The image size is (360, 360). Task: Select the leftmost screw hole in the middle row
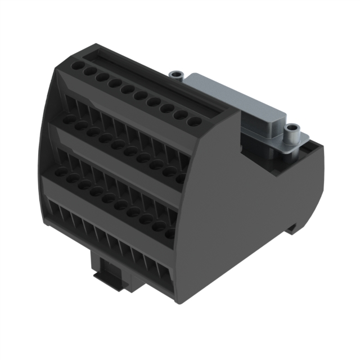(69, 119)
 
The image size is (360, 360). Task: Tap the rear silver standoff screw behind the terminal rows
(177, 75)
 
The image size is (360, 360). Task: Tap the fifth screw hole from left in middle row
(119, 144)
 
